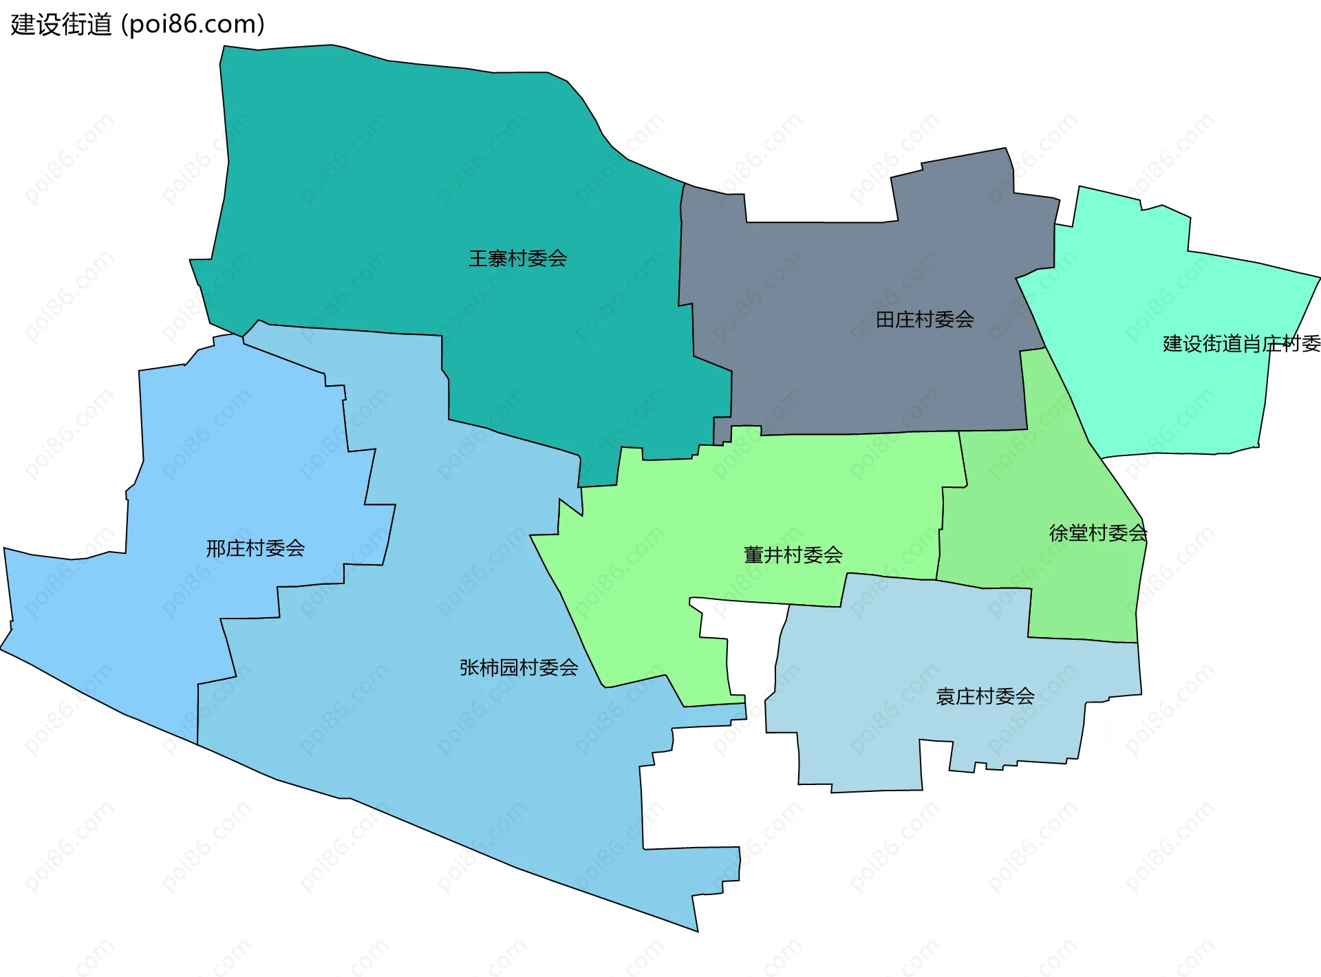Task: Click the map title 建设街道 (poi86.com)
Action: pyautogui.click(x=138, y=25)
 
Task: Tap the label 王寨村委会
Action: pyautogui.click(x=517, y=259)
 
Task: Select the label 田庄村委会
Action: pyautogui.click(x=924, y=319)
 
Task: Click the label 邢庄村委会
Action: pyautogui.click(x=255, y=548)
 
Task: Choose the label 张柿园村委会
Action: pyautogui.click(x=519, y=667)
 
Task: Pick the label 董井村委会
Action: pyautogui.click(x=793, y=555)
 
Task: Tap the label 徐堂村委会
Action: pyautogui.click(x=1097, y=533)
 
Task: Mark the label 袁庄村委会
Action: pyautogui.click(x=985, y=696)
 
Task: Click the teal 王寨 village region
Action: pyautogui.click(x=413, y=172)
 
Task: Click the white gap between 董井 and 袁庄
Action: pyautogui.click(x=750, y=647)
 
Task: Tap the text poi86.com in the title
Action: pyautogui.click(x=193, y=25)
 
